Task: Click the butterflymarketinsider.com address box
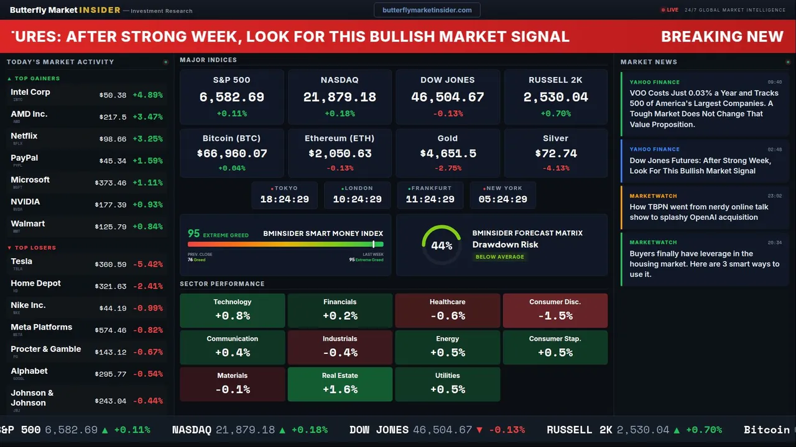pyautogui.click(x=427, y=10)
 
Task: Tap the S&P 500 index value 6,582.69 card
pyautogui.click(x=231, y=97)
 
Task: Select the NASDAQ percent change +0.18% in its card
pyautogui.click(x=340, y=114)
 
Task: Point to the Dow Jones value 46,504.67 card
pyautogui.click(x=448, y=97)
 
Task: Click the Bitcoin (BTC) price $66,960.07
pyautogui.click(x=232, y=153)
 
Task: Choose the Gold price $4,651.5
pyautogui.click(x=448, y=153)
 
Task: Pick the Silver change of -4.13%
pyautogui.click(x=555, y=168)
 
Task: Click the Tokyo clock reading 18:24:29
pyautogui.click(x=284, y=199)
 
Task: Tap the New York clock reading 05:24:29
pyautogui.click(x=502, y=199)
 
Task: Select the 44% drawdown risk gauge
pyautogui.click(x=442, y=245)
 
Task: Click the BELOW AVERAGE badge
pyautogui.click(x=499, y=256)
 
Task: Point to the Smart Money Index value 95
pyautogui.click(x=194, y=233)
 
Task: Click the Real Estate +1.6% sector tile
pyautogui.click(x=340, y=384)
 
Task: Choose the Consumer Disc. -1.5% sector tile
pyautogui.click(x=555, y=310)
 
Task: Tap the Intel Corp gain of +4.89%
pyautogui.click(x=148, y=95)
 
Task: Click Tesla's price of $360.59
pyautogui.click(x=112, y=264)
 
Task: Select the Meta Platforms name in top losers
pyautogui.click(x=41, y=327)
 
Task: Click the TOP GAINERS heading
pyautogui.click(x=37, y=79)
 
